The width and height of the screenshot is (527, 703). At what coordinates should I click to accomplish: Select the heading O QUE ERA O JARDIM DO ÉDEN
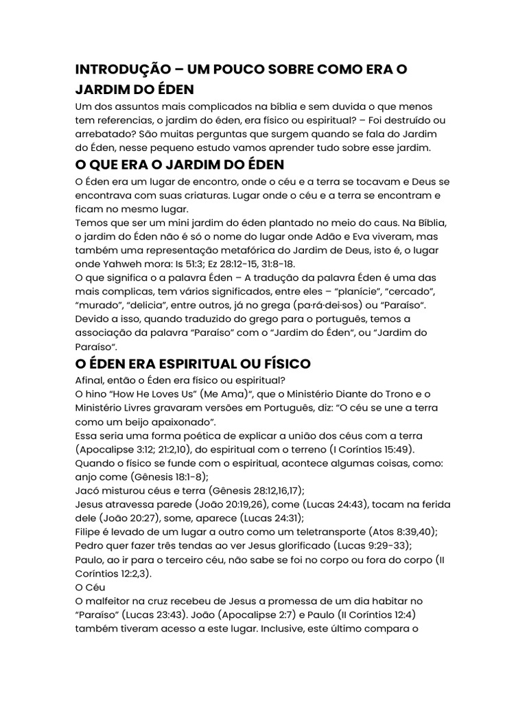click(x=179, y=165)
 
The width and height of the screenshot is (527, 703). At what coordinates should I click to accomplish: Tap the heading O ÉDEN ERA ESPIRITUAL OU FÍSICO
click(x=193, y=363)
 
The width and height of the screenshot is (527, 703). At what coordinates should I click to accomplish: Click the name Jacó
click(x=87, y=491)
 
